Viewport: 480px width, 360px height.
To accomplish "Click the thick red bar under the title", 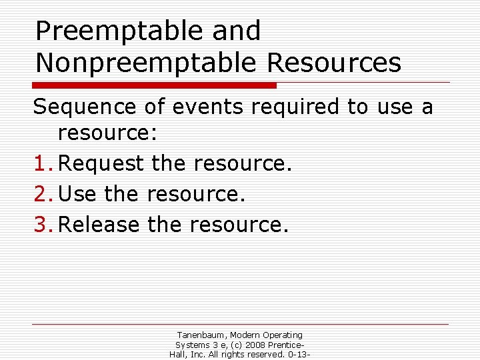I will click(x=155, y=85).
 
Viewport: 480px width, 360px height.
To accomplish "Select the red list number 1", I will click(x=41, y=163).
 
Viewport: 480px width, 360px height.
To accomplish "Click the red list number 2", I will click(x=41, y=194).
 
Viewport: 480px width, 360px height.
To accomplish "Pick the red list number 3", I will click(x=41, y=225).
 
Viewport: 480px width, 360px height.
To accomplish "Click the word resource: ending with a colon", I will click(x=107, y=134).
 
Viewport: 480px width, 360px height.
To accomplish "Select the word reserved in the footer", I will click(x=263, y=355).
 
